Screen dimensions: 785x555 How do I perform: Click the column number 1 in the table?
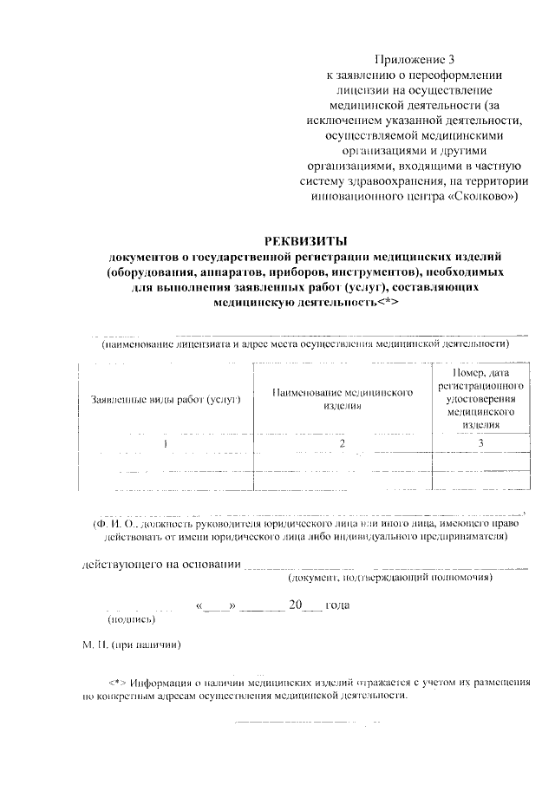[x=166, y=443]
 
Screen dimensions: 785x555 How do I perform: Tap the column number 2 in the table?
[x=342, y=443]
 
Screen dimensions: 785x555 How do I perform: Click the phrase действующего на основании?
[x=161, y=566]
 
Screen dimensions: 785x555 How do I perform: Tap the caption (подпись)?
[x=131, y=619]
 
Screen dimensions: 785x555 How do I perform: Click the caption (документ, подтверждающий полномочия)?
[x=390, y=578]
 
